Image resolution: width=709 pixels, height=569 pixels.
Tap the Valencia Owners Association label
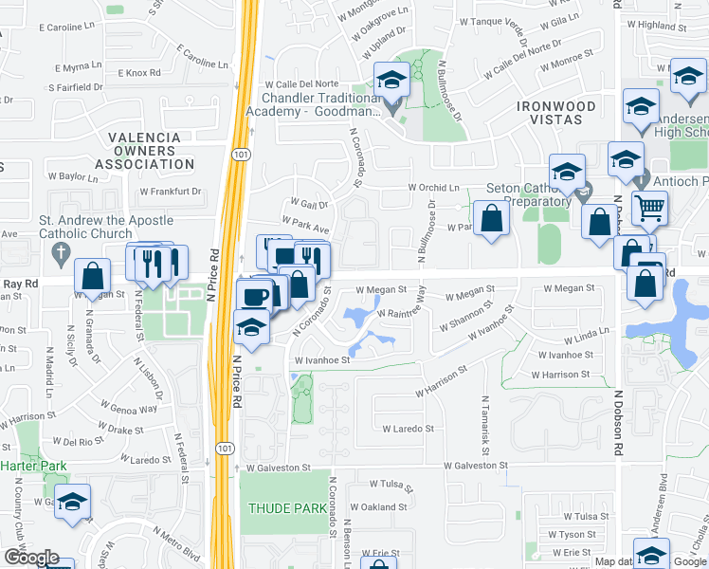coord(144,151)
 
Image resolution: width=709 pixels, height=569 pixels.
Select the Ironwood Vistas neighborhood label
coord(555,107)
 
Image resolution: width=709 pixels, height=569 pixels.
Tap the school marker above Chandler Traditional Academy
coord(390,82)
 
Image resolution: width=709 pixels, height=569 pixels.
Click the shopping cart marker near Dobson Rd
coord(649,208)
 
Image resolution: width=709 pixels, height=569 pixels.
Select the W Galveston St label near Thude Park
coord(278,468)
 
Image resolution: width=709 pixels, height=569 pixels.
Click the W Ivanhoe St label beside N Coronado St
coord(321,360)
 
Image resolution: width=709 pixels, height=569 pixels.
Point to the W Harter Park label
coord(33,466)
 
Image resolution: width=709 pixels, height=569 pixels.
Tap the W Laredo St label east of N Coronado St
coord(408,429)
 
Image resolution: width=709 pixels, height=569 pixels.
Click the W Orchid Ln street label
coord(432,188)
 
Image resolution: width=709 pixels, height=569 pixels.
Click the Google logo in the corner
coord(31,558)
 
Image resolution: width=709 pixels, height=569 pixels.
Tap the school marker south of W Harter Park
coord(72,504)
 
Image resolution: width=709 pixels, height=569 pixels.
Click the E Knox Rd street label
coord(139,73)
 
